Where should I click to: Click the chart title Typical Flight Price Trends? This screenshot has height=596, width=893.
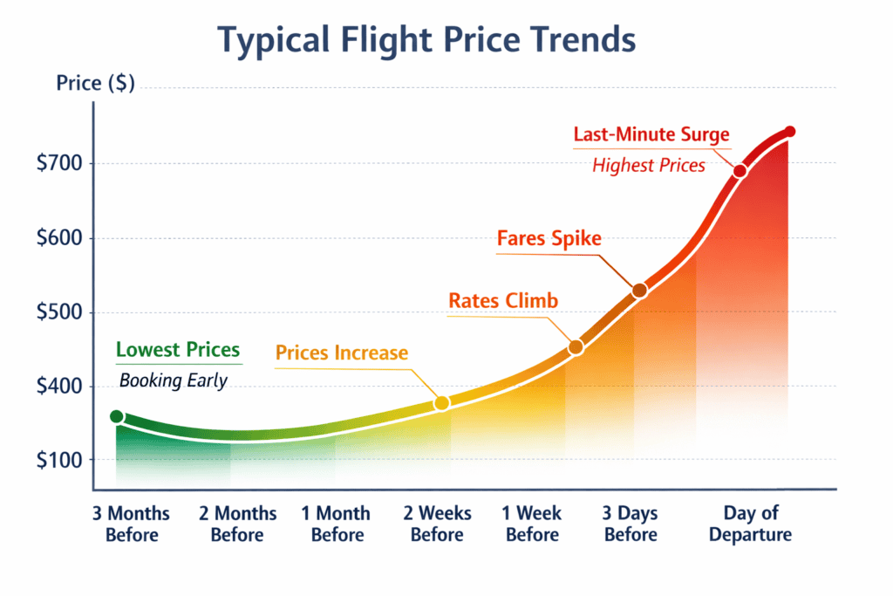(426, 40)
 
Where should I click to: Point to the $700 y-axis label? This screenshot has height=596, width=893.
(58, 164)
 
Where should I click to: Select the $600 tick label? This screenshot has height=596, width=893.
(58, 238)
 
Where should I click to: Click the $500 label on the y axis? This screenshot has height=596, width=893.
(58, 312)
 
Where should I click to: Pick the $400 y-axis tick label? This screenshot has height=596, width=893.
(58, 386)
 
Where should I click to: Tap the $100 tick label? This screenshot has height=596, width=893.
(58, 460)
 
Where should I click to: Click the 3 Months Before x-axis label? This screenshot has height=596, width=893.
(132, 524)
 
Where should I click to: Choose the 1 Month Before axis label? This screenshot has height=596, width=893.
(337, 524)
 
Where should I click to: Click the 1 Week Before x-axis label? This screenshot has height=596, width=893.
(532, 524)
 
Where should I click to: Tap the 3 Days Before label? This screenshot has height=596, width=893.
(631, 524)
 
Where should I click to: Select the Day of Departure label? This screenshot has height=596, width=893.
(750, 524)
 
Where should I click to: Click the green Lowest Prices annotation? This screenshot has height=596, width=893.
(178, 351)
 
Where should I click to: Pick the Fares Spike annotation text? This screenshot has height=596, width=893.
(549, 238)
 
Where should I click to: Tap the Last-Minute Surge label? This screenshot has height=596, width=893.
(651, 135)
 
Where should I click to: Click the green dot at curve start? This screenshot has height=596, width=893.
(117, 417)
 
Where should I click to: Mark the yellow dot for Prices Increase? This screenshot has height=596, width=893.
(441, 403)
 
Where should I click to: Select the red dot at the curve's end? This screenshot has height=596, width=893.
(790, 133)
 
